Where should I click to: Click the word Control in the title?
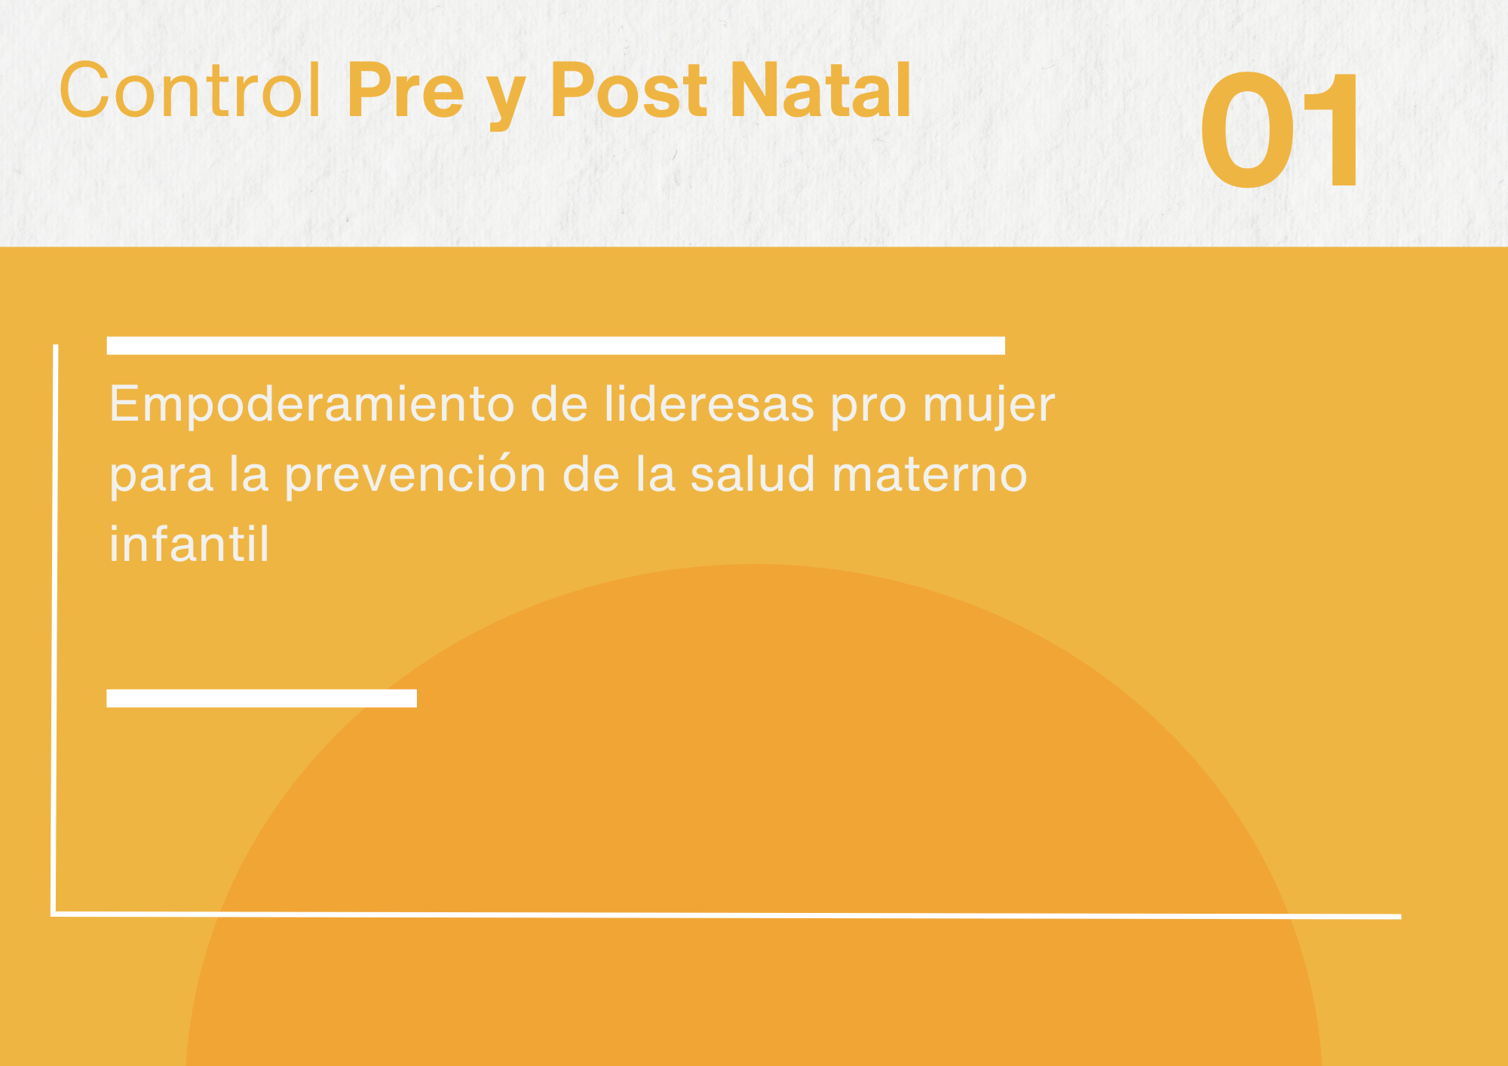pyautogui.click(x=191, y=90)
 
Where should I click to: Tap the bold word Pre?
pyautogui.click(x=406, y=90)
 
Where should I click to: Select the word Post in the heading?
pyautogui.click(x=629, y=90)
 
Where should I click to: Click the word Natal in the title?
pyautogui.click(x=821, y=90)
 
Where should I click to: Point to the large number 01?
pyautogui.click(x=1280, y=130)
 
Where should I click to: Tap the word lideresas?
pyautogui.click(x=710, y=404)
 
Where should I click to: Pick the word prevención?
pyautogui.click(x=415, y=476)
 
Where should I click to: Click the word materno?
pyautogui.click(x=930, y=476)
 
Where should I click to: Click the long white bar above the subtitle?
pyautogui.click(x=556, y=345)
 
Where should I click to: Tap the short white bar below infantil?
pyautogui.click(x=262, y=698)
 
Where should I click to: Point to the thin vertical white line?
pyautogui.click(x=54, y=629)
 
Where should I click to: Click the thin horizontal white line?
pyautogui.click(x=726, y=915)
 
